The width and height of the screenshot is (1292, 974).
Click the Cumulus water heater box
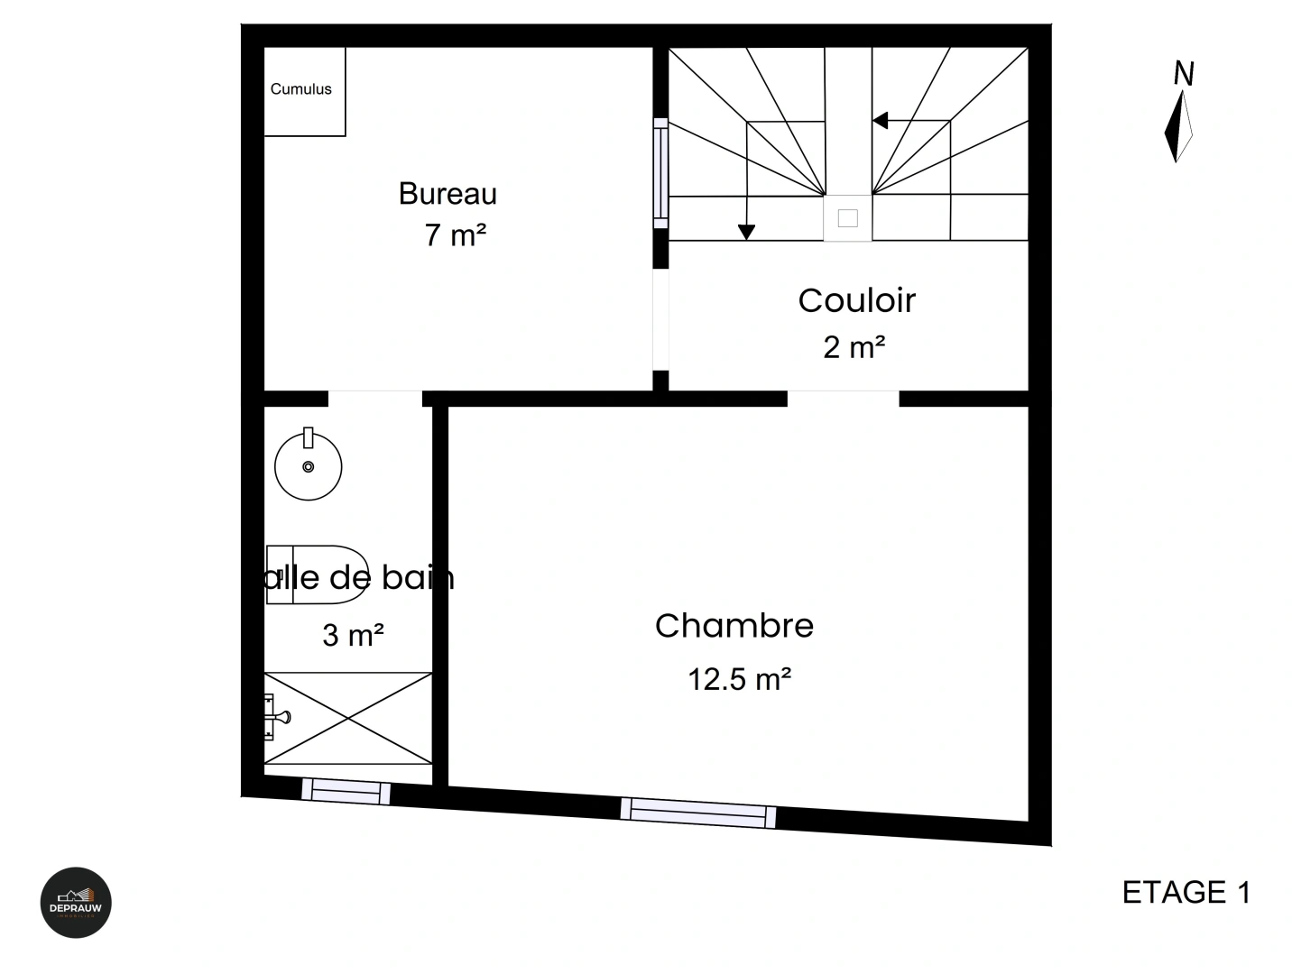304,91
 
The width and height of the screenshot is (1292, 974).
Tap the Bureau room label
448,194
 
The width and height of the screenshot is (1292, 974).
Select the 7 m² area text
456,235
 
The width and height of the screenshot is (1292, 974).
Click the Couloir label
856,300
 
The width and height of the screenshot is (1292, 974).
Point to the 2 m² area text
854,347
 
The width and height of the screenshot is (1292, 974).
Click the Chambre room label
734,626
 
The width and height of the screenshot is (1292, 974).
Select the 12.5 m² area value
740,679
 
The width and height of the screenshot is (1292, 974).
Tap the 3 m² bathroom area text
354,636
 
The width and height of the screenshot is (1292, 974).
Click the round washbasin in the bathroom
309,466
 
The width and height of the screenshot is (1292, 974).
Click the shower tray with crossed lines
349,718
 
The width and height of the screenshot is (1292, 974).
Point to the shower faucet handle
277,718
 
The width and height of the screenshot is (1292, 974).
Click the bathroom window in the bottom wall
346,791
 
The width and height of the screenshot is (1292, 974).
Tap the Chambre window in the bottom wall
698,812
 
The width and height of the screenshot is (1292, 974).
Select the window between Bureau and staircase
661,173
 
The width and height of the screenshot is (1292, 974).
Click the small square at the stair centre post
847,218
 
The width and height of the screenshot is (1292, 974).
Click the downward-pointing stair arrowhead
746,233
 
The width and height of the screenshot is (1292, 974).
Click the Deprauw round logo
76,903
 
